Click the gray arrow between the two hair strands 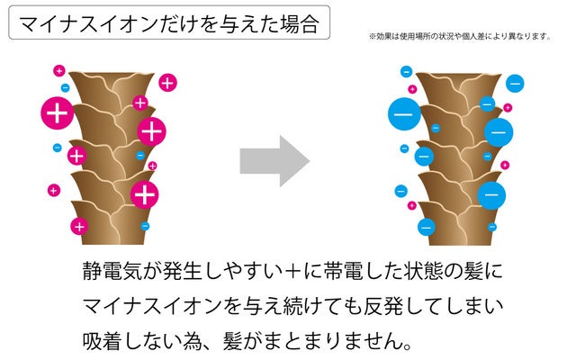pyautogui.click(x=274, y=161)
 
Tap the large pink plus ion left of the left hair pyautogui.click(x=57, y=114)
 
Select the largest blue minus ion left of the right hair pyautogui.click(x=402, y=116)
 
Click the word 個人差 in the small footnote pyautogui.click(x=491, y=37)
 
